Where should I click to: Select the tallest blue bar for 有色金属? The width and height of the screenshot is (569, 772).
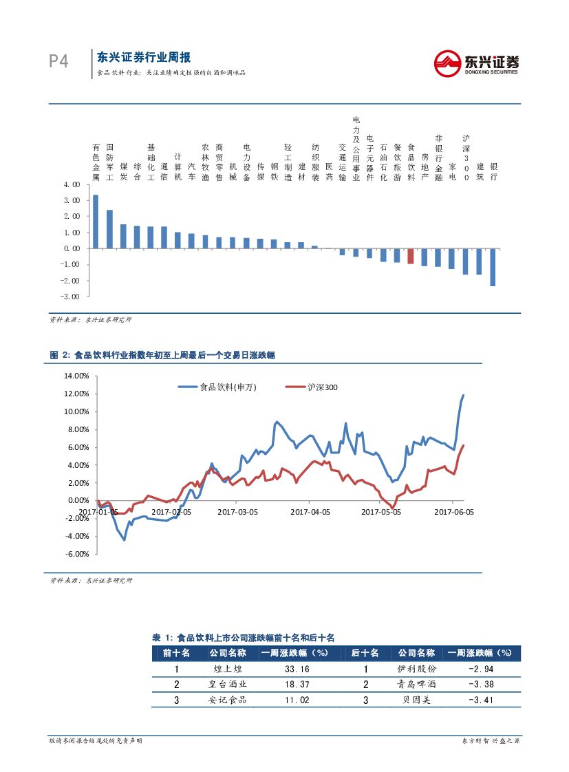coord(96,222)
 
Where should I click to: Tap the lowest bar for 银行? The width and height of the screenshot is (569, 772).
coord(493,267)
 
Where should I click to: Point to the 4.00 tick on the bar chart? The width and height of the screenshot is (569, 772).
coord(71,184)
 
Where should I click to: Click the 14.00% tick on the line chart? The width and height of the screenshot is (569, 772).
coord(76,376)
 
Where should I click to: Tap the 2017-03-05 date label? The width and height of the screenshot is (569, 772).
coord(237,512)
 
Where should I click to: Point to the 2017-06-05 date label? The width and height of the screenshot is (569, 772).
coord(455,512)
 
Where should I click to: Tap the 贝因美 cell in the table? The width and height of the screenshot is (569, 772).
coord(416,700)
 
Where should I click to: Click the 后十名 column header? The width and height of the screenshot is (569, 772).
coord(365,653)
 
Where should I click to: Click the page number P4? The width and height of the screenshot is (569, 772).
coord(59,62)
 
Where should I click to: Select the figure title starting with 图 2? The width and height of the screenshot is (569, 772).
coord(163,355)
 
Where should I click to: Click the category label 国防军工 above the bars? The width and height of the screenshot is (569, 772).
coord(109,162)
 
